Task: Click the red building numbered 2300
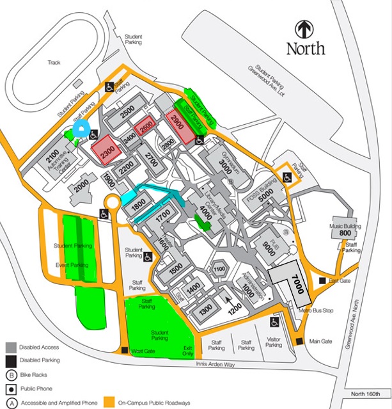click(x=106, y=150)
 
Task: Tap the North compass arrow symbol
click(x=305, y=29)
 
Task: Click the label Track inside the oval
click(x=54, y=62)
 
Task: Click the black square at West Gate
click(x=124, y=350)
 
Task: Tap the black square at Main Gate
click(x=299, y=341)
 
